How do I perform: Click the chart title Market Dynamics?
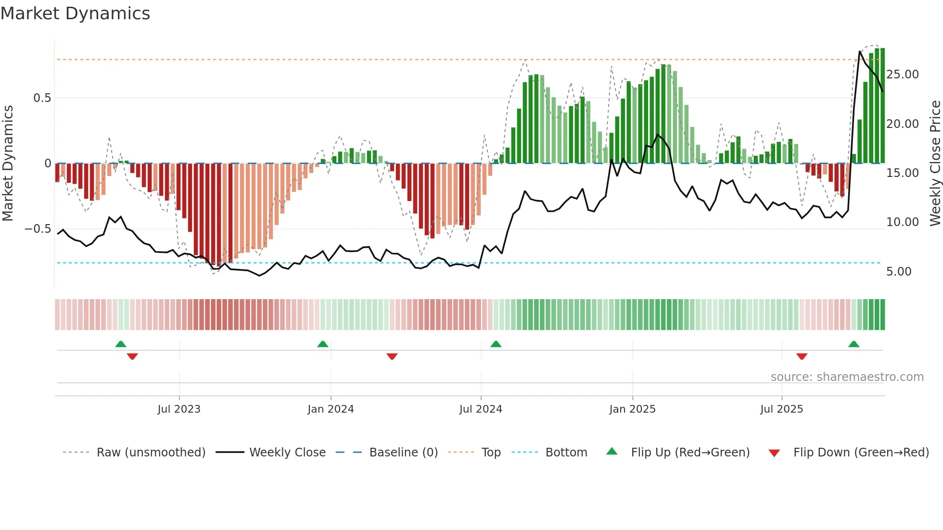click(75, 13)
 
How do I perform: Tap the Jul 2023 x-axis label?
click(178, 409)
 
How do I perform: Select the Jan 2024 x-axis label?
click(331, 409)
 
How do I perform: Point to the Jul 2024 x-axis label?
click(481, 409)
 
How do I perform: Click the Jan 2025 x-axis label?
click(632, 409)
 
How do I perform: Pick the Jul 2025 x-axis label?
click(781, 409)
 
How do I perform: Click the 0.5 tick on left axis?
click(42, 98)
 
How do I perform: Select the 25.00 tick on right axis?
click(903, 75)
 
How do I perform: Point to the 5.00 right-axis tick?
click(899, 272)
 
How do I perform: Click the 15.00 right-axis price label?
click(903, 173)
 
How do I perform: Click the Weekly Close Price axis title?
click(935, 164)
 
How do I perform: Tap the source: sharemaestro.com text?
click(847, 377)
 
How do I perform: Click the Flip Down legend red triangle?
click(774, 453)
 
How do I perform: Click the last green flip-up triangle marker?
click(854, 344)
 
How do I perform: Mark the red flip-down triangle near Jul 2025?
click(802, 356)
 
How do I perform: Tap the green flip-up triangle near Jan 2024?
click(323, 344)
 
